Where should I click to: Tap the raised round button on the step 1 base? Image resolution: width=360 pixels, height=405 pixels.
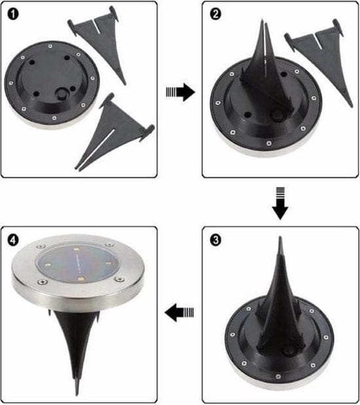(x=64, y=93)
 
